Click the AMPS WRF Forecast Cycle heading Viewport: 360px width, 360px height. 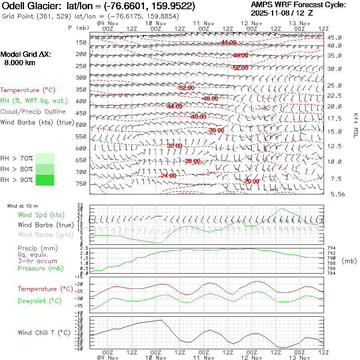point(298,5)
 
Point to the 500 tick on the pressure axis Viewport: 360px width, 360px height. point(81,125)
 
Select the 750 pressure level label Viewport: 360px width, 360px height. point(81,184)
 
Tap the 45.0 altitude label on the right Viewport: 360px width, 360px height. point(334,38)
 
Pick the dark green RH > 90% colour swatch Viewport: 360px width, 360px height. point(45,180)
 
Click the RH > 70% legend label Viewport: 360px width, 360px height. point(16,158)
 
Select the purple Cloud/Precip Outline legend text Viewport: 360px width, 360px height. point(33,112)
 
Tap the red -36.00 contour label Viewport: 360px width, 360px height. point(216,130)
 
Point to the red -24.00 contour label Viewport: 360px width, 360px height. point(168,176)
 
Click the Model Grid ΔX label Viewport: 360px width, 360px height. point(26,54)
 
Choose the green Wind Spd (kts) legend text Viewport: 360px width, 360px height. point(41,215)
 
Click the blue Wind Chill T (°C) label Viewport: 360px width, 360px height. point(44,332)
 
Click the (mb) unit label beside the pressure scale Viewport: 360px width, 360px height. point(349,261)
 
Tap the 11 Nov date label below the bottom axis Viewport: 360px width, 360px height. point(204,357)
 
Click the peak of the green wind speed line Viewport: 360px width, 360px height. point(282,208)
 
